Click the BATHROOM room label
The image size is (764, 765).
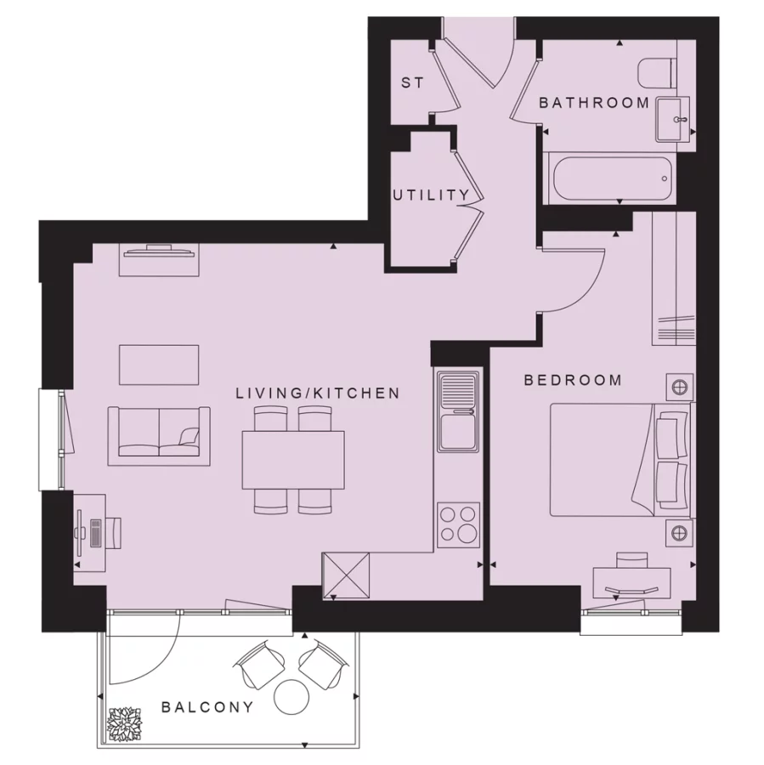(594, 103)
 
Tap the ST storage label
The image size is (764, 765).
(412, 83)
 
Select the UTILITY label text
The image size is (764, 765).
(430, 195)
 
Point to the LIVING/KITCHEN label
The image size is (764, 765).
(317, 393)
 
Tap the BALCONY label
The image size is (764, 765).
(207, 706)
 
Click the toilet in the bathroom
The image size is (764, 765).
(658, 73)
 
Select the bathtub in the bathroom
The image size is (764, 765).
(607, 178)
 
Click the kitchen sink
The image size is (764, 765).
(459, 411)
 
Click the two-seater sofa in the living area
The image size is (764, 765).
(160, 435)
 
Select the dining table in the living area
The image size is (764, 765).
(293, 460)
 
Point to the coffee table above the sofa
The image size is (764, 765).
(159, 365)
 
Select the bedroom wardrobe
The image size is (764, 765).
(673, 280)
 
